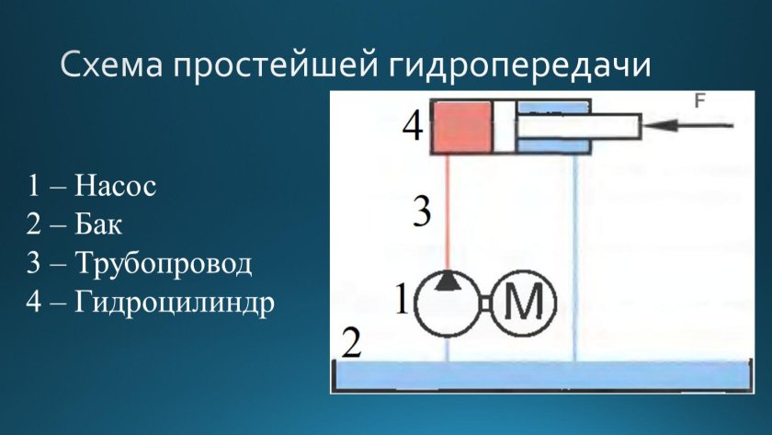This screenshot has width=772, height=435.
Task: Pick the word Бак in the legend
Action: (x=98, y=225)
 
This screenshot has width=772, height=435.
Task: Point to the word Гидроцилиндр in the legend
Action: (x=175, y=303)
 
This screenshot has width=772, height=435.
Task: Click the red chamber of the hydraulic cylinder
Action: (x=462, y=126)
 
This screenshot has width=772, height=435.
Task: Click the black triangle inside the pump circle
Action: (x=447, y=280)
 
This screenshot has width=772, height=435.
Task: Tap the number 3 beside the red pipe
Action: (x=420, y=212)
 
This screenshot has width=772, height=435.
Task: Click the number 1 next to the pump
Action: (x=401, y=300)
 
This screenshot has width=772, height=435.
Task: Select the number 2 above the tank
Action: (x=350, y=344)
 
